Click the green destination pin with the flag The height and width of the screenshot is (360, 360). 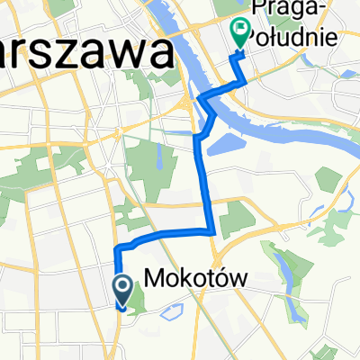click(240, 33)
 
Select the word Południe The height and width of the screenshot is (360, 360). click(285, 37)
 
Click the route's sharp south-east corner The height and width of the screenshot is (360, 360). click(212, 231)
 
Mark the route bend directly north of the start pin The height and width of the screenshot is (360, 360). click(118, 247)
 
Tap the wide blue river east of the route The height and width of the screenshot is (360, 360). click(270, 126)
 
